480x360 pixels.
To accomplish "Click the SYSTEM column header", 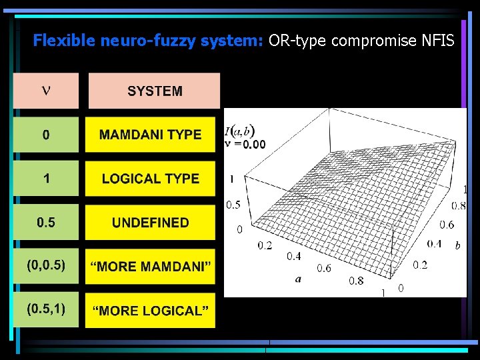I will click(x=154, y=91).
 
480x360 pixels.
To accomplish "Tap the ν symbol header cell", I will click(x=45, y=91).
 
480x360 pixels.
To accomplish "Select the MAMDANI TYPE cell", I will click(x=150, y=135).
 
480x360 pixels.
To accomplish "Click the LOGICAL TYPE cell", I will click(x=150, y=179).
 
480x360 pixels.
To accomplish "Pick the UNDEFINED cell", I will click(x=150, y=223).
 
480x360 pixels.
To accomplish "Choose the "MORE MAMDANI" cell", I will click(x=150, y=267).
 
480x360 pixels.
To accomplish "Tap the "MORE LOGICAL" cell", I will click(x=150, y=311).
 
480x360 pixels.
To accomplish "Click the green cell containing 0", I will click(x=45, y=135).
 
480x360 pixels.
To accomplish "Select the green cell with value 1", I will click(x=45, y=179).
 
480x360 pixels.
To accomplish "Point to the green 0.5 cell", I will click(x=45, y=223).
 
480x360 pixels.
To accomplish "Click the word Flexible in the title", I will click(x=65, y=41).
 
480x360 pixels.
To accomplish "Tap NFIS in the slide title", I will click(x=438, y=41).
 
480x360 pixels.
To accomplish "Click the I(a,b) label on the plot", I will click(x=240, y=131).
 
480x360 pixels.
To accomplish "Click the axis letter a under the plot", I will click(x=298, y=279).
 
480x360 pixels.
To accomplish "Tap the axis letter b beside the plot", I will click(x=457, y=246).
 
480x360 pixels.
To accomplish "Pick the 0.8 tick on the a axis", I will click(x=357, y=281).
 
